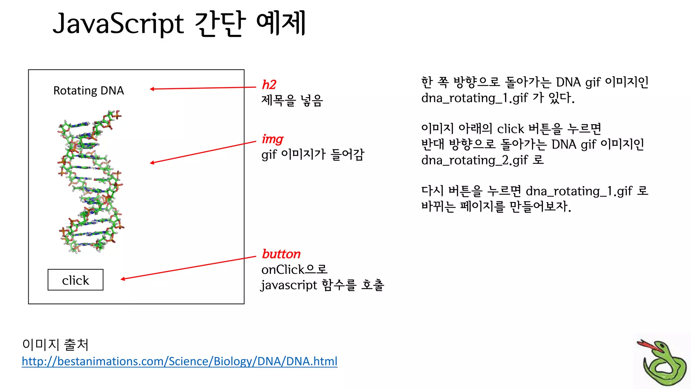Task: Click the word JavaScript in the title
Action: [118, 24]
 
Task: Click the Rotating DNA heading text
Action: [89, 90]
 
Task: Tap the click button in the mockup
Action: [76, 280]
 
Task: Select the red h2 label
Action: [269, 84]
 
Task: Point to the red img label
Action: [272, 139]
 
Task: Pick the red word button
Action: [281, 254]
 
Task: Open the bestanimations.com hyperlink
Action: [179, 361]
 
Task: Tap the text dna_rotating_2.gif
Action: [474, 160]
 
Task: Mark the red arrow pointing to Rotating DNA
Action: [202, 88]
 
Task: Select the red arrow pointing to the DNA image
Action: [202, 153]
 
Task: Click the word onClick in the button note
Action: [283, 269]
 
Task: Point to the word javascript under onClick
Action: [289, 285]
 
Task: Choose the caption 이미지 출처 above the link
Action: [55, 344]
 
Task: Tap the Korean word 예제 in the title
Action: [281, 24]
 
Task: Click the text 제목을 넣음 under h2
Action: [292, 100]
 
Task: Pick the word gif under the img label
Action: [269, 155]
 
